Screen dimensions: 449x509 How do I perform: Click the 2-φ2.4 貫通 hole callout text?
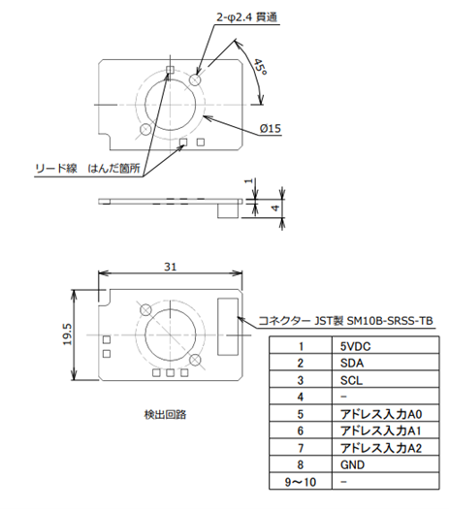[246, 16]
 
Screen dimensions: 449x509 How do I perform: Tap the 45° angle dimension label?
[260, 67]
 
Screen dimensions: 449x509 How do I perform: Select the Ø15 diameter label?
[271, 129]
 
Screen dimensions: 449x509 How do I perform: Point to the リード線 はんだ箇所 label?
[87, 168]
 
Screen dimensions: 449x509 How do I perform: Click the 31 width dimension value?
[170, 267]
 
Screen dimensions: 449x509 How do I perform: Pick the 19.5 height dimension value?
[68, 334]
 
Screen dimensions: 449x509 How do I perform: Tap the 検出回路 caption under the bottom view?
[165, 415]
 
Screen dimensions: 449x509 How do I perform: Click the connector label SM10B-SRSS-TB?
[390, 321]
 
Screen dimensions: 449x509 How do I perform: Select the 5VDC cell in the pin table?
[355, 347]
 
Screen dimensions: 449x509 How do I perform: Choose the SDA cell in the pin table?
[352, 364]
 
